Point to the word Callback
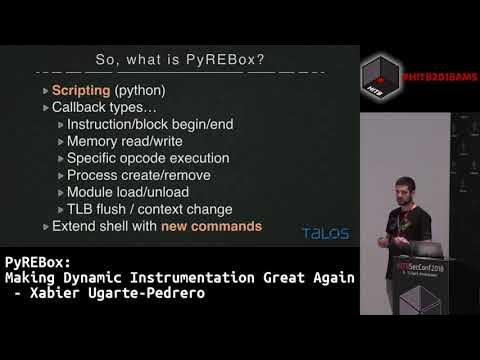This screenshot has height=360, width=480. point(81,107)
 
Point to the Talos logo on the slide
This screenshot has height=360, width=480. point(325,233)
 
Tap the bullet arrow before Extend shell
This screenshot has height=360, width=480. point(46,227)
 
